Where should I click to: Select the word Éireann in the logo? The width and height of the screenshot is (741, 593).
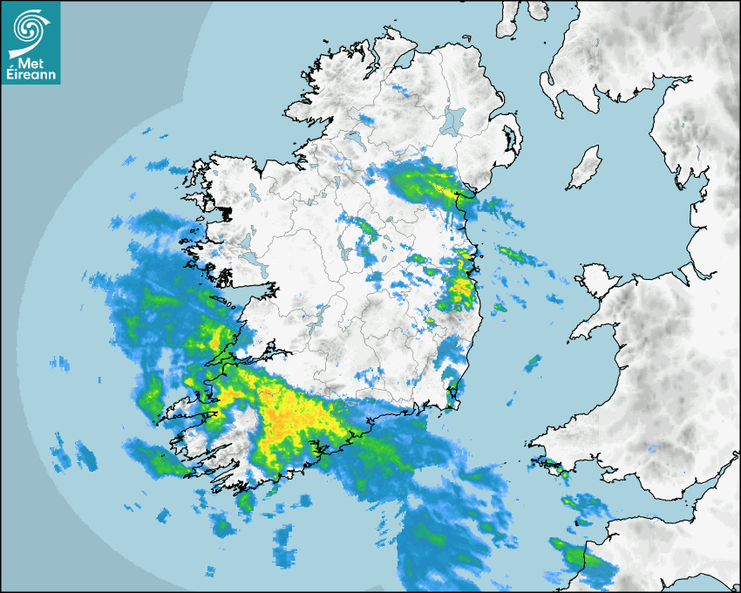(x=32, y=75)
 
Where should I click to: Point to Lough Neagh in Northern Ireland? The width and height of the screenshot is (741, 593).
(x=453, y=119)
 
